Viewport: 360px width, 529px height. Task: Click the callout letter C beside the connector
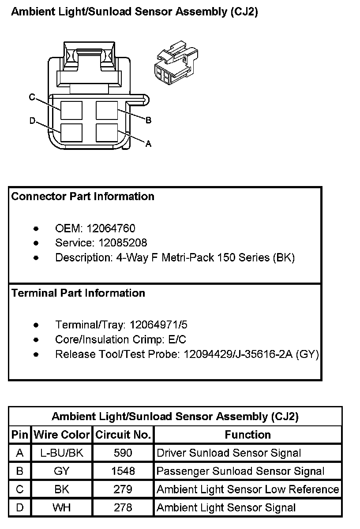pos(32,97)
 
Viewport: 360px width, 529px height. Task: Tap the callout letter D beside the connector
pos(32,120)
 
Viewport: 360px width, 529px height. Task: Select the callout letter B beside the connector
pos(149,120)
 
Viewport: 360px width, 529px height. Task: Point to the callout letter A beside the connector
pos(149,143)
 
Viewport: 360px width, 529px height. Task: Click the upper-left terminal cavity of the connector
pos(71,110)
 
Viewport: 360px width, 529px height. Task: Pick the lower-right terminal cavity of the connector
pos(107,133)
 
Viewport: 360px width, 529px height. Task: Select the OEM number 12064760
pos(111,228)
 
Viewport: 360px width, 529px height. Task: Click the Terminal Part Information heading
pos(78,293)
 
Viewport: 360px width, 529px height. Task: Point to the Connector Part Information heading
pos(83,196)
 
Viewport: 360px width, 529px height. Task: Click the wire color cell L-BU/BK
pos(61,453)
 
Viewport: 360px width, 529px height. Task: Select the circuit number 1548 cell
pos(123,471)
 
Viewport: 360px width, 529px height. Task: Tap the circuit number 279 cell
pos(123,489)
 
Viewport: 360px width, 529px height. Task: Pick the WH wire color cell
pos(61,507)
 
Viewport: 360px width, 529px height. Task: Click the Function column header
pos(247,435)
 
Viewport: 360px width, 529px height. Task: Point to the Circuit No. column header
pos(123,435)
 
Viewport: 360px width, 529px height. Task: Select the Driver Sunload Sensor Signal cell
pos(229,453)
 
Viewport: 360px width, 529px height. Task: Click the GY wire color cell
pos(61,471)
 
